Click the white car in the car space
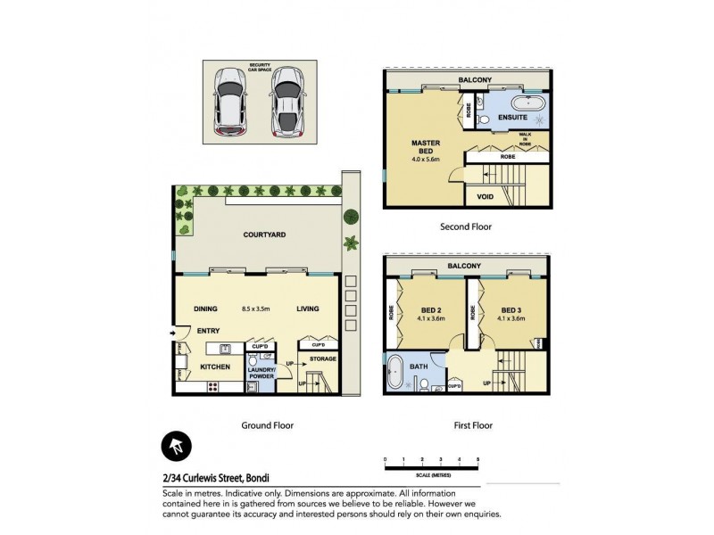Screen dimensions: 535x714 232,100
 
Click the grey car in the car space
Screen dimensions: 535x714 286,100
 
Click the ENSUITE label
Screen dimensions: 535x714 514,116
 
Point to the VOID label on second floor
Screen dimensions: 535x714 485,195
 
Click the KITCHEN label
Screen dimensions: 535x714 215,366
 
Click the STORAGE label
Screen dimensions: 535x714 322,359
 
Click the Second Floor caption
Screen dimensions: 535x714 466,226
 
